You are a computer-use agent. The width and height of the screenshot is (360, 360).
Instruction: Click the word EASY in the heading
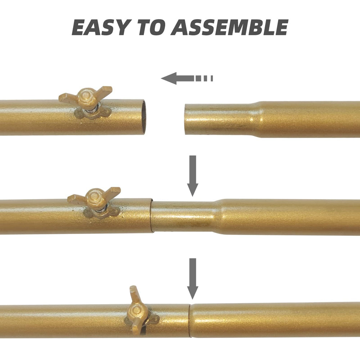coord(102,27)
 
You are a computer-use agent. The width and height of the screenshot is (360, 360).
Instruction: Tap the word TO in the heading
coord(152,27)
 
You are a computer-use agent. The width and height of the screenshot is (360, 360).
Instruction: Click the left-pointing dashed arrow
coord(187,78)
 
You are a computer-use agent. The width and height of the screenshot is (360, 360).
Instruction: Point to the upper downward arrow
coord(193,176)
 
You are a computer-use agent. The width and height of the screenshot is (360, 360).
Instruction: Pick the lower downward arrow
coord(193,279)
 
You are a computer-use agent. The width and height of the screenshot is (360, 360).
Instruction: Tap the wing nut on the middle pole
coord(94,202)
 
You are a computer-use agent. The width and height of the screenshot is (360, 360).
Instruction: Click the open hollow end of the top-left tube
coord(144,117)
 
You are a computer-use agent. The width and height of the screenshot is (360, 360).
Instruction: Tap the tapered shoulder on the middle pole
coord(218,217)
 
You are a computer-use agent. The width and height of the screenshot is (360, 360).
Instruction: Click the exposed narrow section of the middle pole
coord(183,217)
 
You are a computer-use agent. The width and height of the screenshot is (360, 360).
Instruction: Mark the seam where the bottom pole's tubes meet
coord(190,321)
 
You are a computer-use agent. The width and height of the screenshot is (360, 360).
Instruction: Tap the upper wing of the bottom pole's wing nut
coord(134,294)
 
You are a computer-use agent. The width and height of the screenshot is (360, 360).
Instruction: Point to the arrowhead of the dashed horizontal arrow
coord(169,78)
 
